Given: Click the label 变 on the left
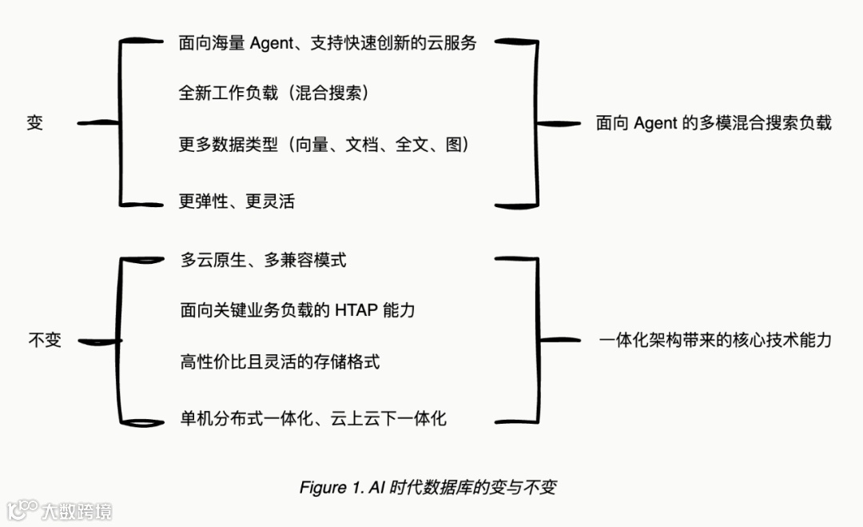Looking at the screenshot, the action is click(34, 123).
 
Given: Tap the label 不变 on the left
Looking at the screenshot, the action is click(45, 340).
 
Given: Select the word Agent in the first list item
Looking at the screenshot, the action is click(272, 43).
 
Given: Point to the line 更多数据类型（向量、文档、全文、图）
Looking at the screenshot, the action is click(323, 145).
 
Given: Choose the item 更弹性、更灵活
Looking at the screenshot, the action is click(237, 202).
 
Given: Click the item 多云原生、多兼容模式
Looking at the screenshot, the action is click(264, 260).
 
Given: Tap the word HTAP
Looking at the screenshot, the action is click(360, 310).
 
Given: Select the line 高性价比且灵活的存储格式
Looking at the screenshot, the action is click(280, 361).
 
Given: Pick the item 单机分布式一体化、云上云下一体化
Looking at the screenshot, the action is click(313, 418).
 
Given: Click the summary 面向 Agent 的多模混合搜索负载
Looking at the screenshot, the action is click(714, 123).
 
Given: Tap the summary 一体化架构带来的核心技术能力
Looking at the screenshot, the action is click(715, 340).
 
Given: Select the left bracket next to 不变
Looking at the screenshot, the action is click(118, 341).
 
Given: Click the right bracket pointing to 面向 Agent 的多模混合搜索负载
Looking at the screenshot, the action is click(536, 123).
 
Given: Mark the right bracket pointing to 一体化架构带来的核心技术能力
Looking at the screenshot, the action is click(537, 340).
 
